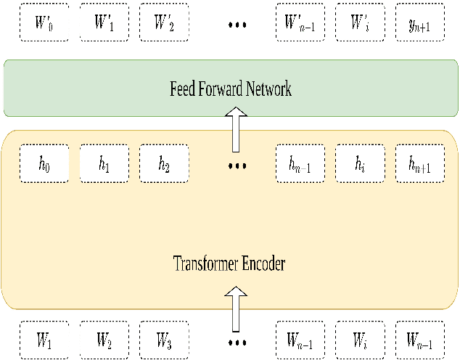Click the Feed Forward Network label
click(230, 89)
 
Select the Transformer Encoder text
click(229, 263)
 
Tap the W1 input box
click(44, 339)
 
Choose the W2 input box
click(104, 339)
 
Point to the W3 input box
click(164, 339)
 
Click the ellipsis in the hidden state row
click(237, 166)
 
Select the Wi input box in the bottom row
click(360, 339)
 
